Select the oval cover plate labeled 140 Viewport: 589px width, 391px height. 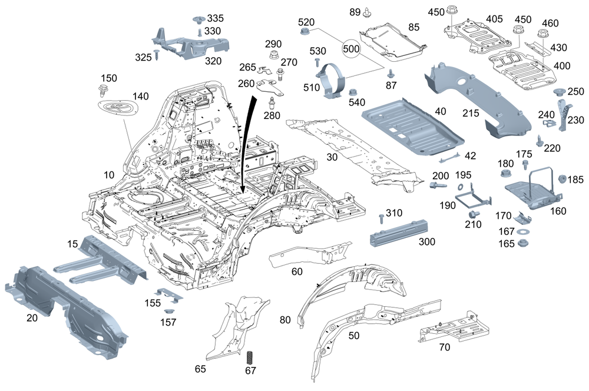click(x=117, y=110)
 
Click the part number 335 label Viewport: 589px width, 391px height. click(x=215, y=19)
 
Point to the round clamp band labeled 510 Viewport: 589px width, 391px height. click(x=334, y=83)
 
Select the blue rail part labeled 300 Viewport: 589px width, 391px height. click(x=398, y=231)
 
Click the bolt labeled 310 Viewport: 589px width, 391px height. click(x=379, y=219)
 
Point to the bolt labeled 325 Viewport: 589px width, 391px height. click(x=157, y=55)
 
